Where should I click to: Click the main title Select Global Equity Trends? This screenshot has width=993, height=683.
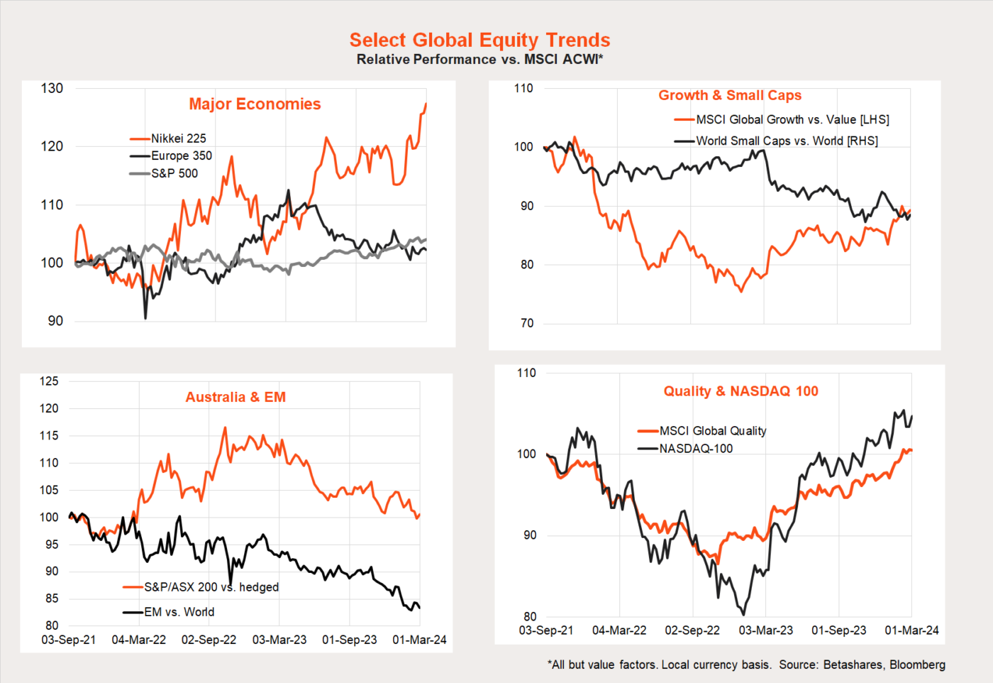click(x=479, y=40)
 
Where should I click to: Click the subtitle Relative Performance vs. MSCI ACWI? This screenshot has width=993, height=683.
click(x=479, y=60)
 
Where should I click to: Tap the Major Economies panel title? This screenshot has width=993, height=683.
click(x=255, y=104)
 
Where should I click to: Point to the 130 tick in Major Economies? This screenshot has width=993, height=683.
click(x=52, y=89)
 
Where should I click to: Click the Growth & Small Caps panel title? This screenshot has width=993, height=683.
click(x=730, y=95)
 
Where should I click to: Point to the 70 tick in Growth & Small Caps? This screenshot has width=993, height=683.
click(x=526, y=323)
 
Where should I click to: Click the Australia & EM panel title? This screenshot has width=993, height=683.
click(x=235, y=398)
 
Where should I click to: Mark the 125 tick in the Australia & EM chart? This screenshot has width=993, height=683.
click(x=49, y=381)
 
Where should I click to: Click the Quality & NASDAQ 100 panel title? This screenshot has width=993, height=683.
click(x=740, y=391)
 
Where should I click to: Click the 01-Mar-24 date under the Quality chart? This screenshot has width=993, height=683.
click(x=911, y=630)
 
